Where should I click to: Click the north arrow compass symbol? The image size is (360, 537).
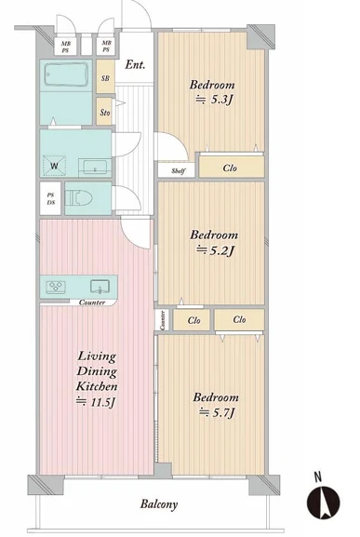pyautogui.click(x=323, y=503)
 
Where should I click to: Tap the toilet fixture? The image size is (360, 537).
pyautogui.click(x=79, y=198)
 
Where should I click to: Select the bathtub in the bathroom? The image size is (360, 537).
pyautogui.click(x=66, y=75)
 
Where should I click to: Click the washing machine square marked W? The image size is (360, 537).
pyautogui.click(x=54, y=166)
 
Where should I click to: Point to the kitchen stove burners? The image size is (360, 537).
pyautogui.click(x=56, y=287)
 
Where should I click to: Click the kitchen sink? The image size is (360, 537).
pyautogui.click(x=100, y=287)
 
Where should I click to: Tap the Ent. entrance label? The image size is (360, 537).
pyautogui.click(x=135, y=65)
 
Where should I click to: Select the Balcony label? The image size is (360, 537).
pyautogui.click(x=159, y=504)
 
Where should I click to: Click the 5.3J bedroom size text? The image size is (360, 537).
pyautogui.click(x=214, y=100)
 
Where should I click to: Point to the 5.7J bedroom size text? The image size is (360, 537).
pyautogui.click(x=217, y=412)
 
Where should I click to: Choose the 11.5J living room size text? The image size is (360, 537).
pyautogui.click(x=95, y=402)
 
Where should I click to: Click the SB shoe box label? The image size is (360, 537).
pyautogui.click(x=105, y=78)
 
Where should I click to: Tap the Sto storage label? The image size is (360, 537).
pyautogui.click(x=105, y=113)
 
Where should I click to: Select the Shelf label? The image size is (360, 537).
pyautogui.click(x=179, y=171)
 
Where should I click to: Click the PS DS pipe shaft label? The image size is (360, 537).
pyautogui.click(x=50, y=198)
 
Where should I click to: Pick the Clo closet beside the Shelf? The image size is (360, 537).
pyautogui.click(x=230, y=168)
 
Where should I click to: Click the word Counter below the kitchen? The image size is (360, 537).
pyautogui.click(x=92, y=302)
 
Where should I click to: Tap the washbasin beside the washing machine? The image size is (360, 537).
pyautogui.click(x=95, y=168)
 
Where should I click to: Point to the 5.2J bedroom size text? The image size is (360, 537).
pyautogui.click(x=215, y=251)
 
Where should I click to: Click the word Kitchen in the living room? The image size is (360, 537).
pyautogui.click(x=97, y=386)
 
